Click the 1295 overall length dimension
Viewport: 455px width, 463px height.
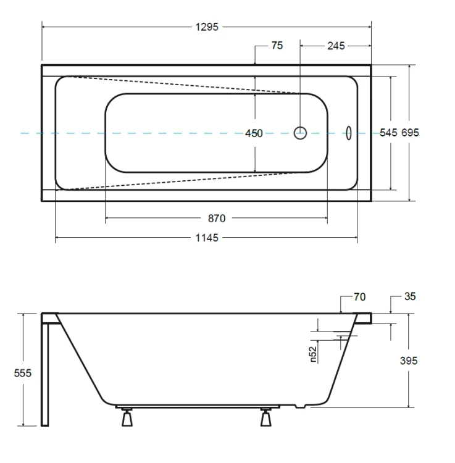pyautogui.click(x=207, y=27)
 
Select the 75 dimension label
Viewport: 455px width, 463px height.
pyautogui.click(x=277, y=46)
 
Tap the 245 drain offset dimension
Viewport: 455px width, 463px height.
pyautogui.click(x=336, y=46)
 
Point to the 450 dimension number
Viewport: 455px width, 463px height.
pyautogui.click(x=254, y=133)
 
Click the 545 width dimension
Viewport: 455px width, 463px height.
pyautogui.click(x=388, y=133)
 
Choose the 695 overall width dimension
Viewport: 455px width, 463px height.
pyautogui.click(x=410, y=133)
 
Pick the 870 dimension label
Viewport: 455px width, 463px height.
pyautogui.click(x=217, y=219)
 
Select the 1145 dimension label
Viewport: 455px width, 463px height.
pyautogui.click(x=207, y=238)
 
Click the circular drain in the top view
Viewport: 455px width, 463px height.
pyautogui.click(x=300, y=133)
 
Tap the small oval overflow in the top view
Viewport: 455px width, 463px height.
pyautogui.click(x=349, y=133)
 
